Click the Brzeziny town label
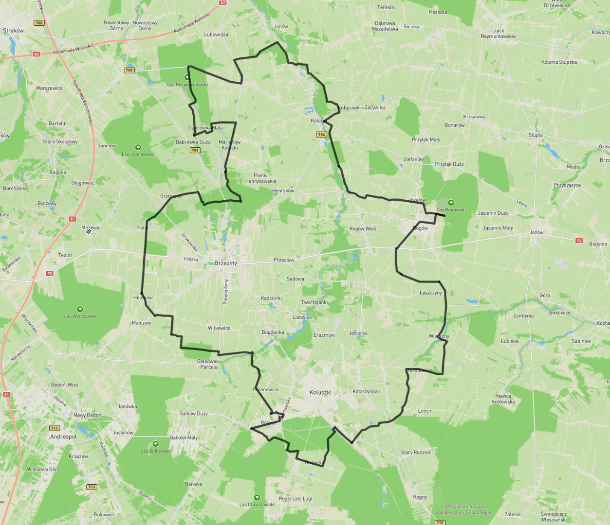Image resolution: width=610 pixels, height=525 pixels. [225, 263]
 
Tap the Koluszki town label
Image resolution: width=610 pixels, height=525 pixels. [320, 392]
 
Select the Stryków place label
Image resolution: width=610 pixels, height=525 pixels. [13, 31]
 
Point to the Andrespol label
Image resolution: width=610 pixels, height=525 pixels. [63, 437]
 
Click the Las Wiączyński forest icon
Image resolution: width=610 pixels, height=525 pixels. [80, 309]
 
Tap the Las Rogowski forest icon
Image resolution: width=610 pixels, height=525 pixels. [451, 203]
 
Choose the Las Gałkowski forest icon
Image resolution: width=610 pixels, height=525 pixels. [155, 444]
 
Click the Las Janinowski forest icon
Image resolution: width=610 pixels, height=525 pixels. [138, 147]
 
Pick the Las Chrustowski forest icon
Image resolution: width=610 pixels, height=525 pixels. [257, 497]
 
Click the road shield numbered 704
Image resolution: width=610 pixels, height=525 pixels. [321, 135]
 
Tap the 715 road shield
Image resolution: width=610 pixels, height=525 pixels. [440, 523]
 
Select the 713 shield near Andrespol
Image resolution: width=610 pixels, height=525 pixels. [55, 428]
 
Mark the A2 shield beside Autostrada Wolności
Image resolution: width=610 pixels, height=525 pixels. [37, 54]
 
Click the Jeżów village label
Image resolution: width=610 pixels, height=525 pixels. [536, 232]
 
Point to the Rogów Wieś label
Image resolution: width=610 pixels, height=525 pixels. [363, 228]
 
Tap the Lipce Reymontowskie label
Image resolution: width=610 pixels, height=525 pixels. [498, 34]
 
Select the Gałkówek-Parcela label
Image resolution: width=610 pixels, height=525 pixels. [209, 364]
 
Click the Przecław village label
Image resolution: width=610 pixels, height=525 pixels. [284, 260]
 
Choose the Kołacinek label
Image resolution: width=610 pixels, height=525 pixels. [349, 107]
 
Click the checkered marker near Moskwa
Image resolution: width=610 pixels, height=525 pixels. [89, 232]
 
